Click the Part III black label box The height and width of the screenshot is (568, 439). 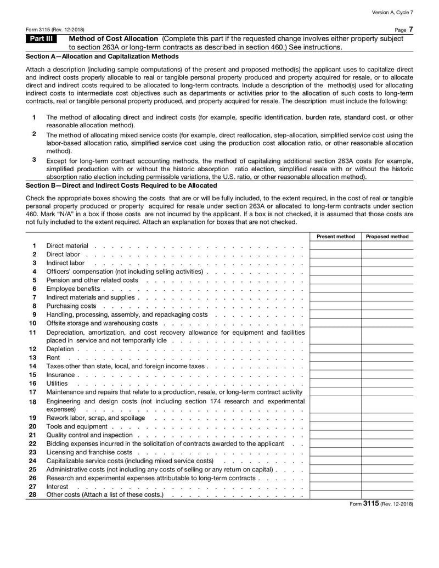pyautogui.click(x=41, y=39)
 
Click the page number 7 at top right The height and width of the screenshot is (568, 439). pyautogui.click(x=410, y=29)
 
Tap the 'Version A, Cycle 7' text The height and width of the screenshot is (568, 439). pyautogui.click(x=392, y=12)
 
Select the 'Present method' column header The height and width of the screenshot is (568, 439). pyautogui.click(x=336, y=237)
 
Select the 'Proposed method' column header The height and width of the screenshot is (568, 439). pyautogui.click(x=387, y=237)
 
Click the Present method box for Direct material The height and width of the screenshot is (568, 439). pyautogui.click(x=336, y=245)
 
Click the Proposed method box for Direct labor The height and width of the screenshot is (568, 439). pyautogui.click(x=387, y=254)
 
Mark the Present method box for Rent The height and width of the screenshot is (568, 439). pyautogui.click(x=336, y=357)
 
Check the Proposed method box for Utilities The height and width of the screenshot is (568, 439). pyautogui.click(x=387, y=383)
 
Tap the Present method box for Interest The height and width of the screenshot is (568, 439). pyautogui.click(x=336, y=486)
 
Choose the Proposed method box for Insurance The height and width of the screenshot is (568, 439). pyautogui.click(x=387, y=374)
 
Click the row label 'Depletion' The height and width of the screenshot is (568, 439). pyautogui.click(x=60, y=349)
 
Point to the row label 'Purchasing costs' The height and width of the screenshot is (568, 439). pyautogui.click(x=71, y=306)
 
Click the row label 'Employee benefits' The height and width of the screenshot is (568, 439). pyautogui.click(x=73, y=289)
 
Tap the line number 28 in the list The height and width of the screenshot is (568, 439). pyautogui.click(x=32, y=495)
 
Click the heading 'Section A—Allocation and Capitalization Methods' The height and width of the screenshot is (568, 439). pyautogui.click(x=102, y=56)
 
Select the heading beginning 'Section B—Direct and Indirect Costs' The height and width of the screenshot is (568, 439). pyautogui.click(x=121, y=185)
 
